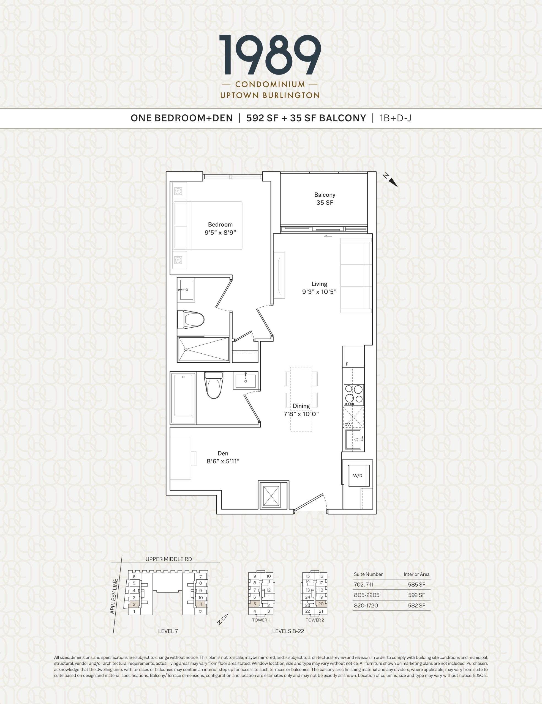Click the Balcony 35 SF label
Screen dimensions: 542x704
(x=325, y=199)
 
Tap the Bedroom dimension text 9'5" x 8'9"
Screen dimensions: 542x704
(x=220, y=232)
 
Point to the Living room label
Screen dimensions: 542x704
(x=319, y=284)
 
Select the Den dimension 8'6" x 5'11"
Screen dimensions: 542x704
(x=223, y=461)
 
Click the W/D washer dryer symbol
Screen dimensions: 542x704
(x=358, y=475)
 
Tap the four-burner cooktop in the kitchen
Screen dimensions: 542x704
(x=354, y=395)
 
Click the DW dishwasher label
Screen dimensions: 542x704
(x=348, y=425)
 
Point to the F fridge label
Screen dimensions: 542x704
(x=347, y=364)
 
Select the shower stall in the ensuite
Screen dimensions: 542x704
(x=203, y=350)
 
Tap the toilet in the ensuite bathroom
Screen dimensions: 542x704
(x=191, y=320)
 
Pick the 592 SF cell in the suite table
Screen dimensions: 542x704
(x=416, y=595)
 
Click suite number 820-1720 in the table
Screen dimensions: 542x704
(x=366, y=605)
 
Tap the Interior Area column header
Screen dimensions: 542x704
(x=416, y=574)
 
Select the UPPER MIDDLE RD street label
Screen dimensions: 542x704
(x=168, y=559)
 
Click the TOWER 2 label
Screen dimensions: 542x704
(x=315, y=620)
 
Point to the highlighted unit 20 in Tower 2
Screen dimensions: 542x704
(x=321, y=604)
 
